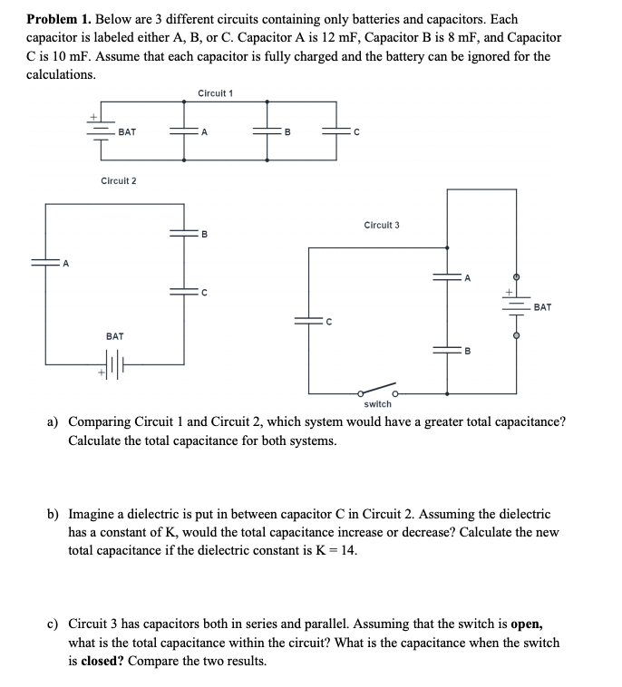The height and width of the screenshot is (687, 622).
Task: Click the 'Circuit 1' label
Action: [x=215, y=93]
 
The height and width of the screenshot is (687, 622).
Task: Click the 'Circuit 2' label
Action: [x=119, y=180]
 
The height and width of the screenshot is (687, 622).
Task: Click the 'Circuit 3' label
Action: [x=381, y=225]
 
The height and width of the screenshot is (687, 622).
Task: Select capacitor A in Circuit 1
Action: [x=185, y=131]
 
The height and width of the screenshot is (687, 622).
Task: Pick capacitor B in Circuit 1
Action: [x=268, y=131]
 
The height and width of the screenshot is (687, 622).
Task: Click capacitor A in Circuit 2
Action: [x=46, y=264]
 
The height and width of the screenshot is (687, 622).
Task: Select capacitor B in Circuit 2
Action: [x=185, y=233]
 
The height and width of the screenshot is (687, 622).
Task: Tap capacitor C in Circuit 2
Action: [x=185, y=291]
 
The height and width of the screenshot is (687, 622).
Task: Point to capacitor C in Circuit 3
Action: [x=309, y=319]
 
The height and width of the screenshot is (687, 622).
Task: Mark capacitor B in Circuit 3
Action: [x=447, y=349]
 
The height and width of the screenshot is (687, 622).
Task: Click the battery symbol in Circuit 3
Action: [x=517, y=305]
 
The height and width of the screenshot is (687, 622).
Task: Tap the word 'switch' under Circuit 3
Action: [x=378, y=403]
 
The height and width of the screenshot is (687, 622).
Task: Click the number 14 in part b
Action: [x=346, y=550]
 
